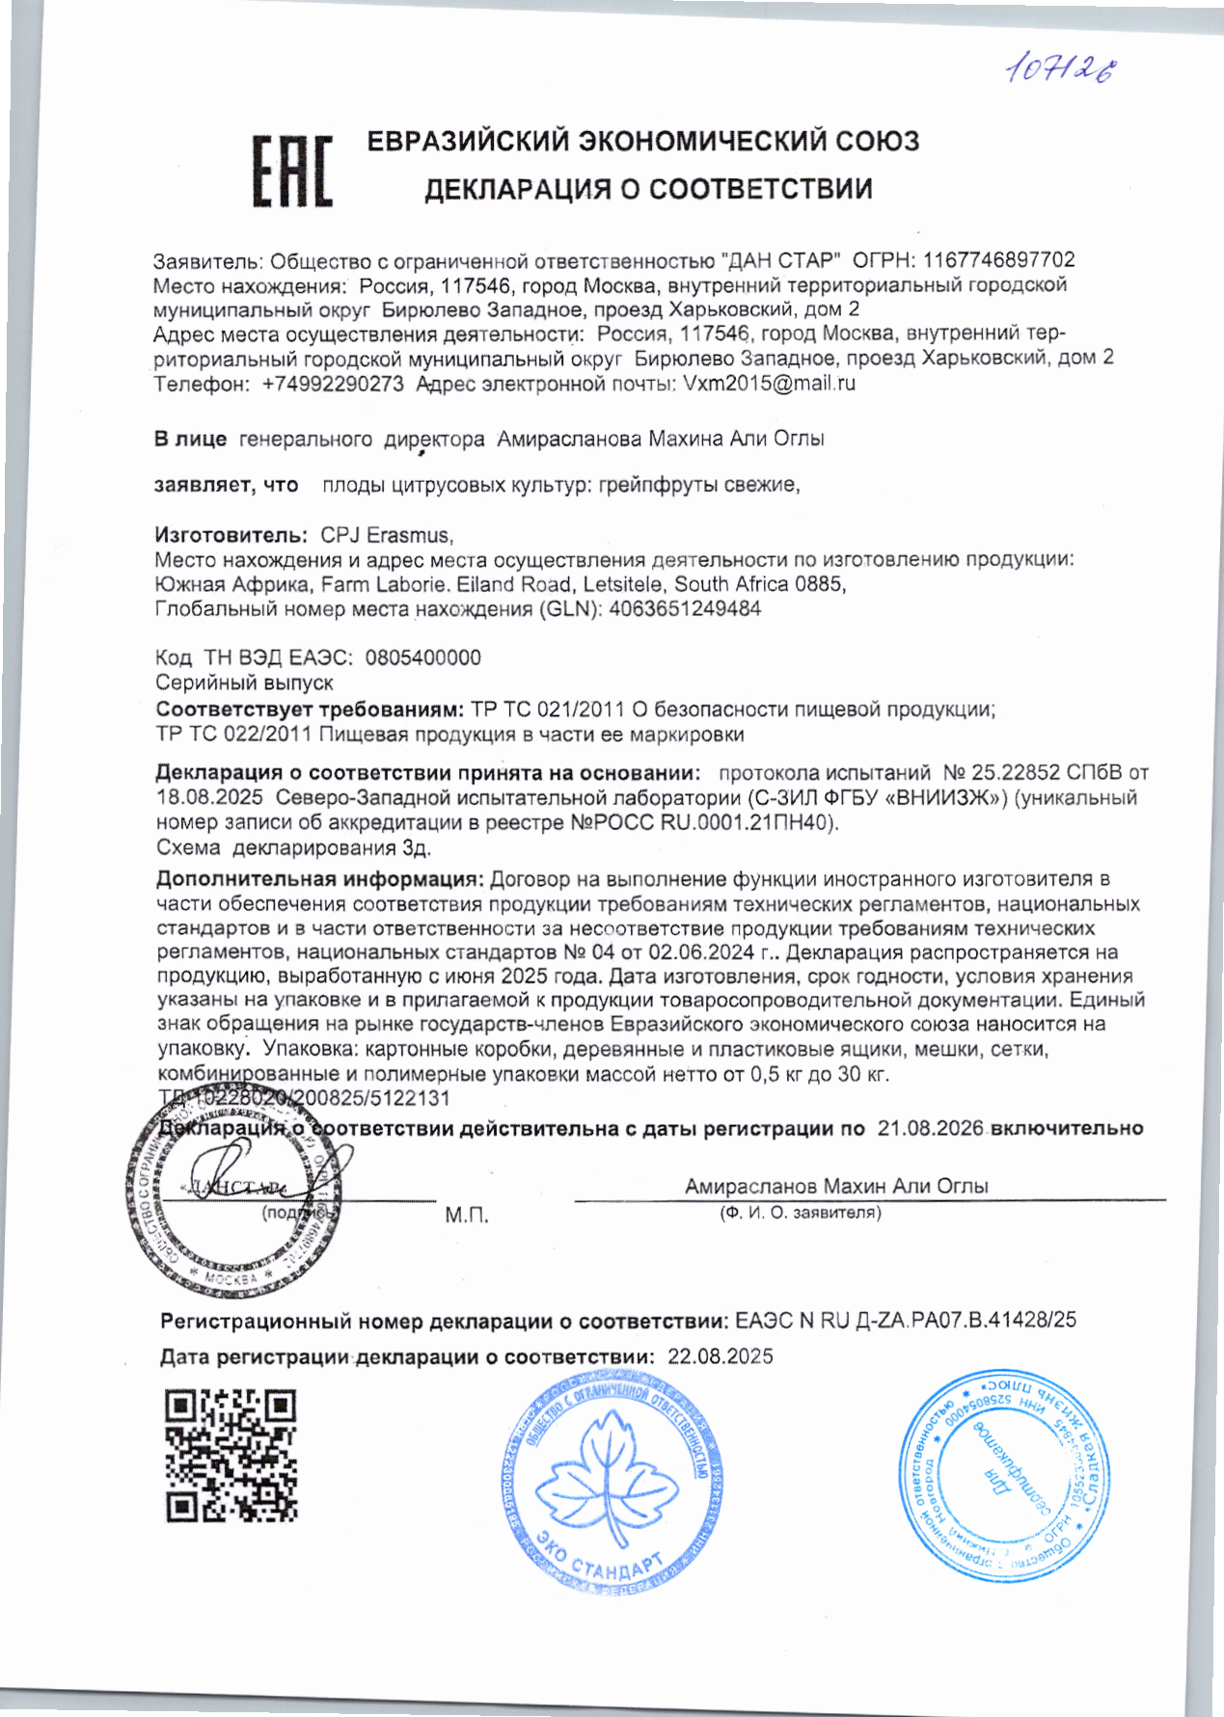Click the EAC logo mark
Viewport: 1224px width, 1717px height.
tap(292, 172)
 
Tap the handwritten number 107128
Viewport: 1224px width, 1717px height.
tap(1061, 69)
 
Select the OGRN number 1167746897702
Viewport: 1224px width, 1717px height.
tap(998, 260)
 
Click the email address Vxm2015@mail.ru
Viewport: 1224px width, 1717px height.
tap(769, 383)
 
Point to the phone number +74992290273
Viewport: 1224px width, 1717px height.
tap(333, 384)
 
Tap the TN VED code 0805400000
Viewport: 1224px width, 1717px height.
tap(422, 657)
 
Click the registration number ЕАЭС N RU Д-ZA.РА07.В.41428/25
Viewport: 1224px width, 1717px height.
tap(905, 1320)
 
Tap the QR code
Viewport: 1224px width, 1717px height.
tap(231, 1455)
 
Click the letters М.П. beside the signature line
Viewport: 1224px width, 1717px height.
tap(467, 1216)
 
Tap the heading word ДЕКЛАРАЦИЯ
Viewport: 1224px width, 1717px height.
tap(517, 189)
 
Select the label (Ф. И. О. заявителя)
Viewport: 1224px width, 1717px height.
tap(800, 1213)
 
